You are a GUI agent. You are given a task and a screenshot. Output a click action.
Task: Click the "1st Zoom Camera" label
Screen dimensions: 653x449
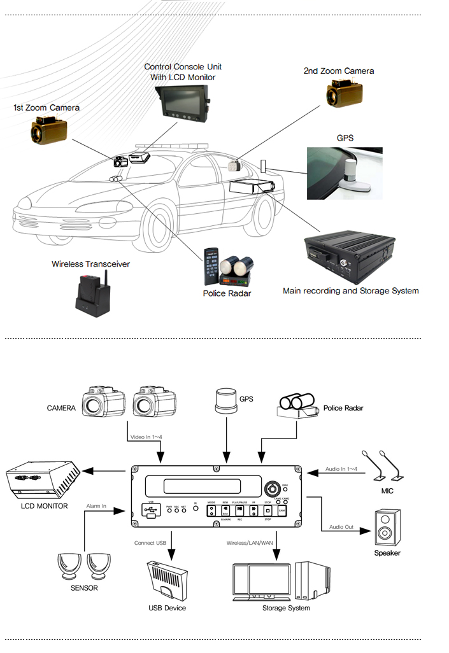click(x=46, y=108)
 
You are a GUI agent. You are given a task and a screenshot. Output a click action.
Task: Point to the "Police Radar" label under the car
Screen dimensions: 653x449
click(x=227, y=293)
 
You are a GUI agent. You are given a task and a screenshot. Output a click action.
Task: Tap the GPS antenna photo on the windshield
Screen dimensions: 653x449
click(x=345, y=172)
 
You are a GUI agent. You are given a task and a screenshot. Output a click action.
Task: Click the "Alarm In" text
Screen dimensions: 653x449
click(x=96, y=506)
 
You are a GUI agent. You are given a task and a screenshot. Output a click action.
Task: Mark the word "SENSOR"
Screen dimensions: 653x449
click(x=84, y=588)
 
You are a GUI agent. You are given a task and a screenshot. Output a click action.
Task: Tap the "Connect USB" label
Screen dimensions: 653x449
click(x=150, y=543)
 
